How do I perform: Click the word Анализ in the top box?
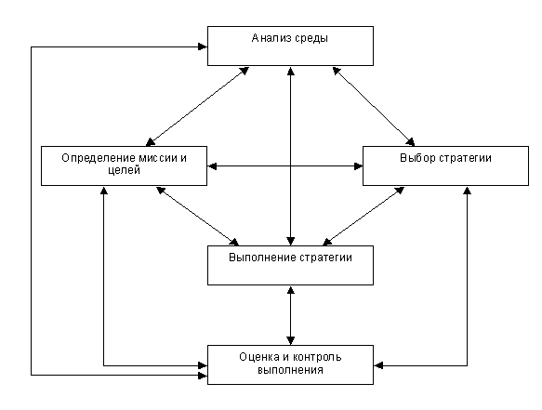271,38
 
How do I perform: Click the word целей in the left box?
124,170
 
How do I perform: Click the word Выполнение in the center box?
262,258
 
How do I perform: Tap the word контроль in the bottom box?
317,357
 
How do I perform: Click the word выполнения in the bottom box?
290,370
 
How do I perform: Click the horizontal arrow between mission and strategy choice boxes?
284,166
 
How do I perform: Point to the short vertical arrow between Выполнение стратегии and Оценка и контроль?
291,315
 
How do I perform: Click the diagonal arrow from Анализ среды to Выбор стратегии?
374,107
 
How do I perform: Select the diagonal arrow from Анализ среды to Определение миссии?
197,107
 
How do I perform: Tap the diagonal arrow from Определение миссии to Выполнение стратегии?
197,216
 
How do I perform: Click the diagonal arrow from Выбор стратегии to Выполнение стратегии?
364,216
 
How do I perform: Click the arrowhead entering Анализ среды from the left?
203,46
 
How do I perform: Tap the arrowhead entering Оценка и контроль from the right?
378,365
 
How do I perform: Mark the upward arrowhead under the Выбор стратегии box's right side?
467,191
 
